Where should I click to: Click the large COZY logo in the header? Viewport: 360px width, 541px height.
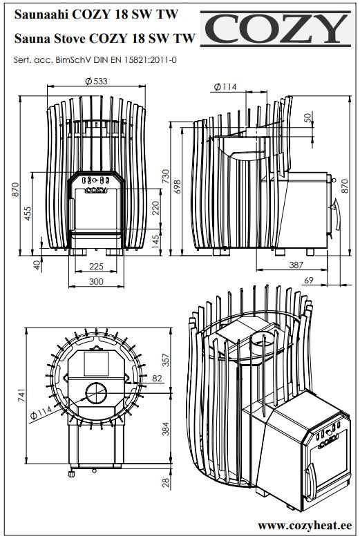point(276,28)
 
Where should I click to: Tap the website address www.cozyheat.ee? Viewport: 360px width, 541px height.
point(305,525)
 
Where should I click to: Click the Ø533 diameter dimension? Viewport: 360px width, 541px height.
point(96,81)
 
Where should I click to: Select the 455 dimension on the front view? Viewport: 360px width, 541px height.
point(27,213)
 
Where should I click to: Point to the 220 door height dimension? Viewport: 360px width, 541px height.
point(155,208)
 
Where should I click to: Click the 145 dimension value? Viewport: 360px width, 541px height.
point(155,240)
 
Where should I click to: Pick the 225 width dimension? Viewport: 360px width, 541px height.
point(96,267)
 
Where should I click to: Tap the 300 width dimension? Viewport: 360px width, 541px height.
point(96,281)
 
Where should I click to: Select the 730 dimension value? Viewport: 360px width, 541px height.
point(166,176)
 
